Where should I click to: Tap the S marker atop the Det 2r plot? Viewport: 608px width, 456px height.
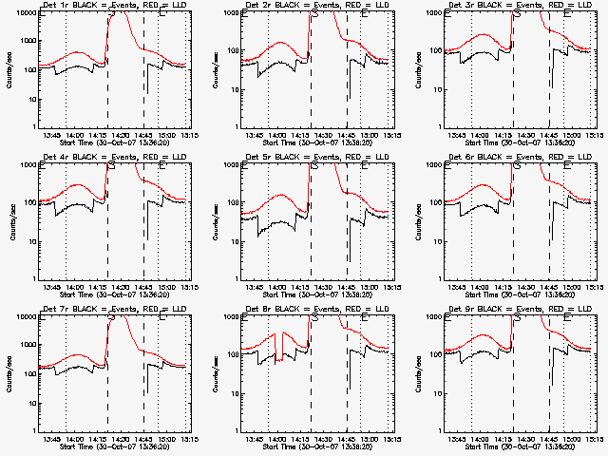pyautogui.click(x=314, y=15)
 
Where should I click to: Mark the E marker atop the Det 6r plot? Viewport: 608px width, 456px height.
pyautogui.click(x=568, y=167)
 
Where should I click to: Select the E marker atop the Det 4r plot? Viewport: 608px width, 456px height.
pyautogui.click(x=161, y=167)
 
